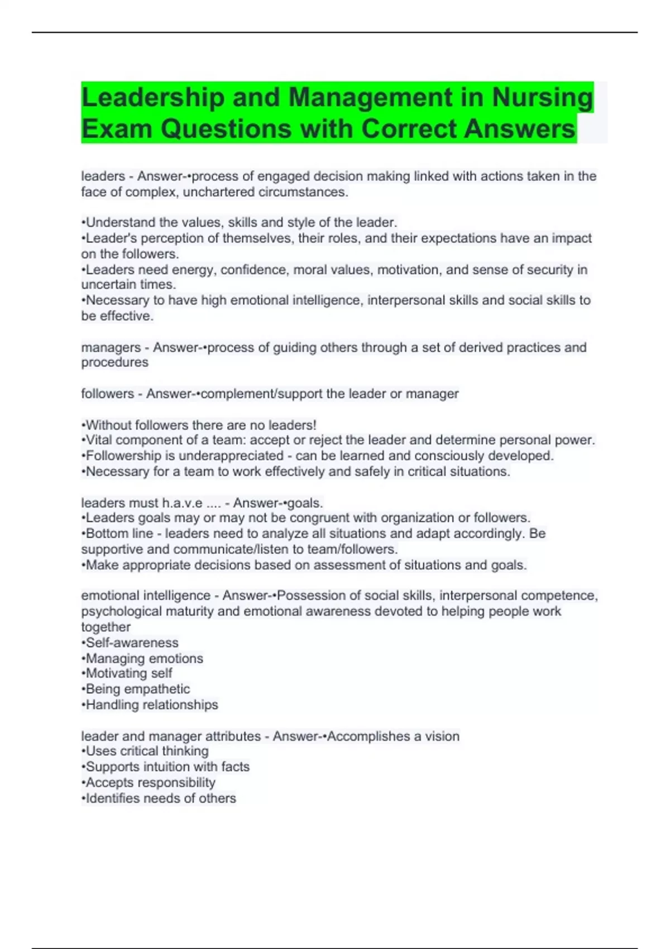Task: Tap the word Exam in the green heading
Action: point(116,129)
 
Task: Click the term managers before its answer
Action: point(111,348)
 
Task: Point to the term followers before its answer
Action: point(107,394)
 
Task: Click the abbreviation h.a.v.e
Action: point(182,503)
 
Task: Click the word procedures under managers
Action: point(114,363)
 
